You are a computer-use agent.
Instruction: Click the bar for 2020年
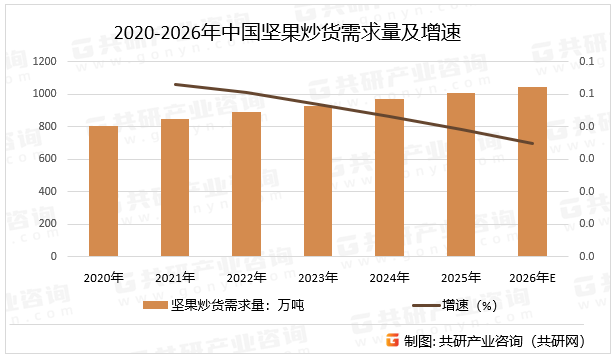coord(103,191)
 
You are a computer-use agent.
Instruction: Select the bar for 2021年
coord(175,188)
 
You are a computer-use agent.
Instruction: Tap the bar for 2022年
coord(246,184)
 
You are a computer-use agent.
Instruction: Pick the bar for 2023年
coord(318,181)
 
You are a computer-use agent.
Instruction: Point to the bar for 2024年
coord(389,178)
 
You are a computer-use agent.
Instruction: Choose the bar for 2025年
coord(461,175)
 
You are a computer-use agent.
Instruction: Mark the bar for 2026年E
coord(532,172)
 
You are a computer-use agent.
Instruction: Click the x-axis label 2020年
coord(103,277)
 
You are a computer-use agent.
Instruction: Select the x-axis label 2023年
coord(318,277)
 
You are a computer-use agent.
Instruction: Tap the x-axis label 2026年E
coord(532,277)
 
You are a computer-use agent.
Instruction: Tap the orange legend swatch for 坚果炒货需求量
coord(153,304)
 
